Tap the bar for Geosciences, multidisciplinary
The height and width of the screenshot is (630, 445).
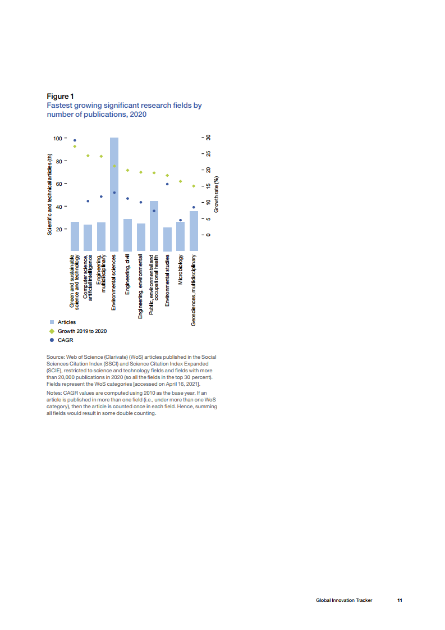pyautogui.click(x=194, y=231)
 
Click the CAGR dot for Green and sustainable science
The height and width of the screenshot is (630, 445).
pyautogui.click(x=75, y=140)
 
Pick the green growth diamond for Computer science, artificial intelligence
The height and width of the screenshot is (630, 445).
pyautogui.click(x=88, y=156)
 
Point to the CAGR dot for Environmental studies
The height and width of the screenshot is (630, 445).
pyautogui.click(x=167, y=184)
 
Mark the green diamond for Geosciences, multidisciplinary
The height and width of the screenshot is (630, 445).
pyautogui.click(x=194, y=186)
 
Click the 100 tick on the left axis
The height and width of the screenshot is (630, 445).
pyautogui.click(x=58, y=138)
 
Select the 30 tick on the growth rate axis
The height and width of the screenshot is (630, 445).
pyautogui.click(x=208, y=138)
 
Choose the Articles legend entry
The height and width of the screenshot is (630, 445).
pyautogui.click(x=67, y=322)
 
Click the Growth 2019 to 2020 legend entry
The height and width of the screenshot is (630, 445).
pyautogui.click(x=82, y=331)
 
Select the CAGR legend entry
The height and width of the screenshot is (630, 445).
pyautogui.click(x=66, y=340)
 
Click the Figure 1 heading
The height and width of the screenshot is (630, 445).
pyautogui.click(x=60, y=97)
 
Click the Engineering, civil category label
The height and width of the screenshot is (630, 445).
pyautogui.click(x=127, y=274)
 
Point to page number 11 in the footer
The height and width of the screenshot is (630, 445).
pyautogui.click(x=400, y=600)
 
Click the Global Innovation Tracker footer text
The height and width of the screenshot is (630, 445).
pyautogui.click(x=343, y=600)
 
